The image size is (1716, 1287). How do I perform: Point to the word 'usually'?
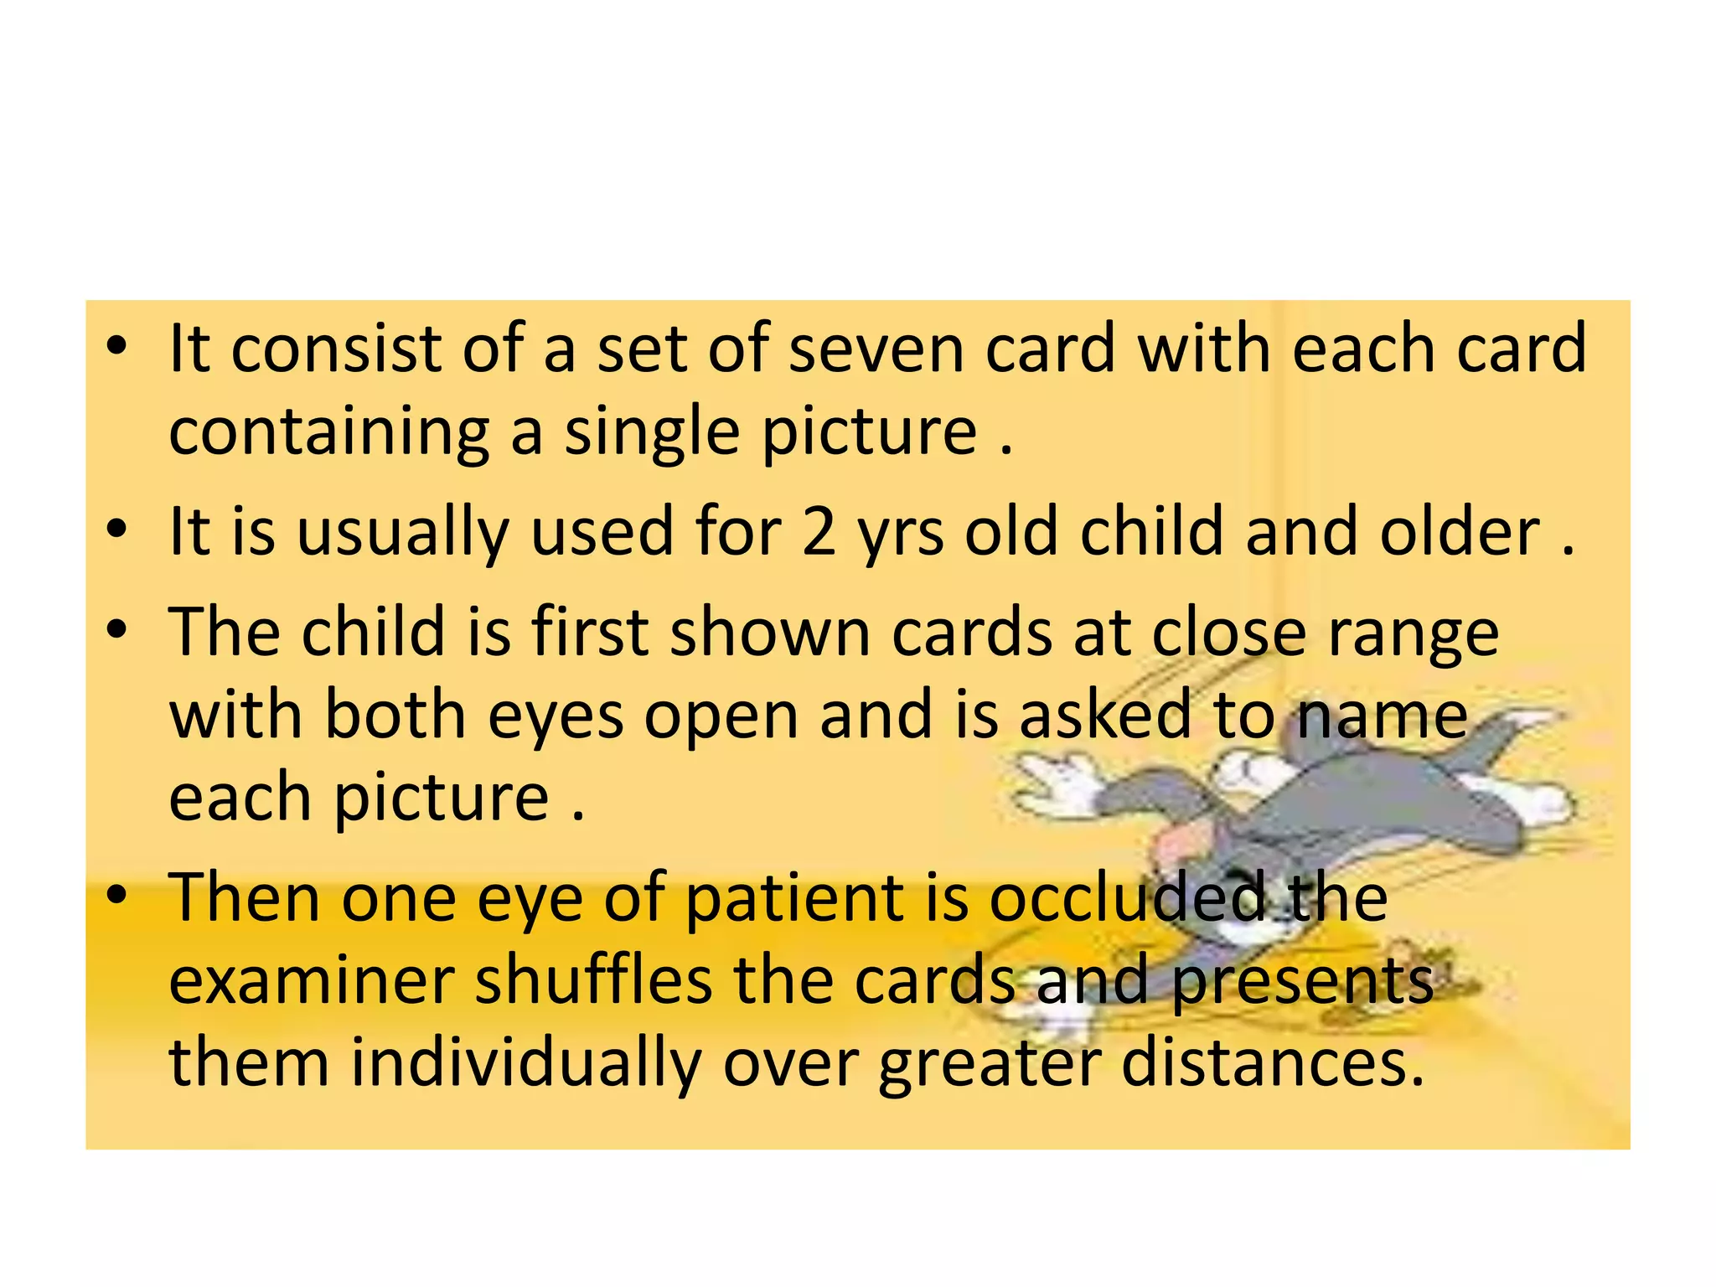pyautogui.click(x=403, y=533)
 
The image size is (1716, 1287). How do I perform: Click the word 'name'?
pyautogui.click(x=1382, y=716)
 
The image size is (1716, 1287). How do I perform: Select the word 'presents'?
pyautogui.click(x=1302, y=982)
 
